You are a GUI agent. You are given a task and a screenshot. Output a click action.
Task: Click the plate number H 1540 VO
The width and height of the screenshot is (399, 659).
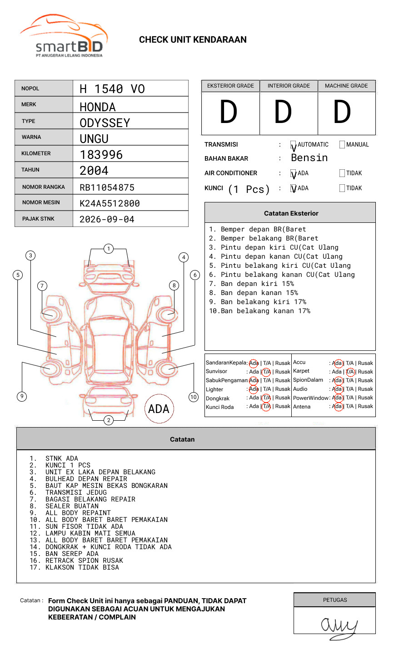[112, 89]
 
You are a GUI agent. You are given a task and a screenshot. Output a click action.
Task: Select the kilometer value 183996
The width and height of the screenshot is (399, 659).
[101, 155]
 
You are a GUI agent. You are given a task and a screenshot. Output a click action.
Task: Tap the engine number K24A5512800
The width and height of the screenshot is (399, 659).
[110, 203]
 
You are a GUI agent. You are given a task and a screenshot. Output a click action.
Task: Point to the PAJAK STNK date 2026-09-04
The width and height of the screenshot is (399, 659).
[107, 219]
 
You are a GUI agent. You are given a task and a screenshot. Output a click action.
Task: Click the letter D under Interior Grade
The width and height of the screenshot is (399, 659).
[283, 113]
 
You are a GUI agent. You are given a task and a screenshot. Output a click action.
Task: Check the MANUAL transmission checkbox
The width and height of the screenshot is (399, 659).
[342, 145]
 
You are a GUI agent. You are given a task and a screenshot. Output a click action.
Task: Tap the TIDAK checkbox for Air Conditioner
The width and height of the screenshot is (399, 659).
[342, 173]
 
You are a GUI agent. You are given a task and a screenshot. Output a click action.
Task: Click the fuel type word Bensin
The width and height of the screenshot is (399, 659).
[309, 158]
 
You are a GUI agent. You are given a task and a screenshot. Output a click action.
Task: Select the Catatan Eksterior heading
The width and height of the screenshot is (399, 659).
[291, 213]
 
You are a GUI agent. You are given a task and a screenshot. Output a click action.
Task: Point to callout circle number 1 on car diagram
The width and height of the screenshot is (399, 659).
[108, 249]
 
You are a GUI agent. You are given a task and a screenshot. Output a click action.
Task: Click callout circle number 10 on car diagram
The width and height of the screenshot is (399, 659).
[194, 397]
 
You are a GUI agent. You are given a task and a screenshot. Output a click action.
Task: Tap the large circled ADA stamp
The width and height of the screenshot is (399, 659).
[159, 409]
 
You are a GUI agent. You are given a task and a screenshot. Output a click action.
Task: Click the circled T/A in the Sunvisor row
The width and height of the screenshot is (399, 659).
[266, 372]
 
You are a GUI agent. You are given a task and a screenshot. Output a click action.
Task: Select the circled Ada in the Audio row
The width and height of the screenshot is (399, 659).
[338, 389]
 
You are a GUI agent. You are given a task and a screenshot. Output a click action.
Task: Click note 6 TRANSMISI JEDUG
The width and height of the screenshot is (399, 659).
[76, 492]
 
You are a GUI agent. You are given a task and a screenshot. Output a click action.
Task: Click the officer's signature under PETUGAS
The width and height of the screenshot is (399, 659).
[339, 626]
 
